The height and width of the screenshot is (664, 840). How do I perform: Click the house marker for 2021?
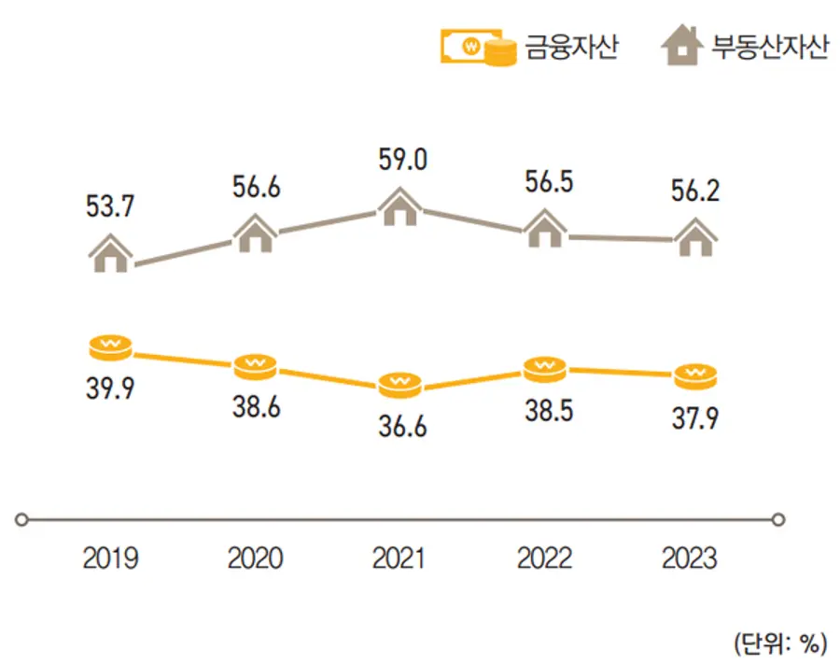401,206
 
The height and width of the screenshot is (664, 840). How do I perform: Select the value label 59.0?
401,161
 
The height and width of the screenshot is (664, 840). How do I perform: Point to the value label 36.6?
401,428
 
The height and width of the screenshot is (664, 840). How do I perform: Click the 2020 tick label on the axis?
256,558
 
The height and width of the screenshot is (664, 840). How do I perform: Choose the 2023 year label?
690,558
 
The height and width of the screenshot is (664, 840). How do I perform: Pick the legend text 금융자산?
571,48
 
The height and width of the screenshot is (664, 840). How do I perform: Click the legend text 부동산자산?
770,48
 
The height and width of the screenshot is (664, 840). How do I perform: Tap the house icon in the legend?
682,48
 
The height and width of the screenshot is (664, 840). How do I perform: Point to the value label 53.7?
110,207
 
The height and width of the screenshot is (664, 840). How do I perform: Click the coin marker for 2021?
401,383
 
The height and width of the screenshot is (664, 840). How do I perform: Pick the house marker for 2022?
545,228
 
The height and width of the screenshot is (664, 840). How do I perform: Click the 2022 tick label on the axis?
545,558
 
